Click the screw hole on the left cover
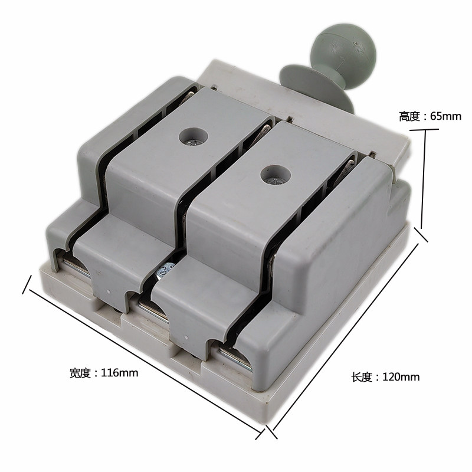click(194, 137)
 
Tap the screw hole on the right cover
click(276, 175)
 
